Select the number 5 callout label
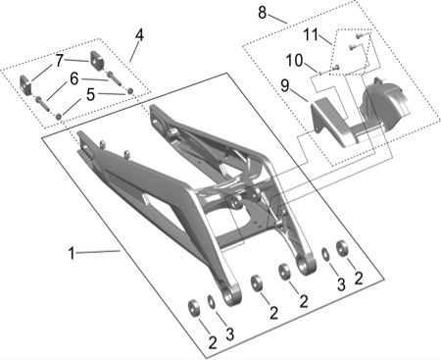[91, 94]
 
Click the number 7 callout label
[59, 60]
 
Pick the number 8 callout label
[263, 13]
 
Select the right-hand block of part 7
[99, 61]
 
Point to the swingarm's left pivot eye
[230, 298]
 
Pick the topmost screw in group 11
[358, 34]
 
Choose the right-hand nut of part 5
[131, 92]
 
